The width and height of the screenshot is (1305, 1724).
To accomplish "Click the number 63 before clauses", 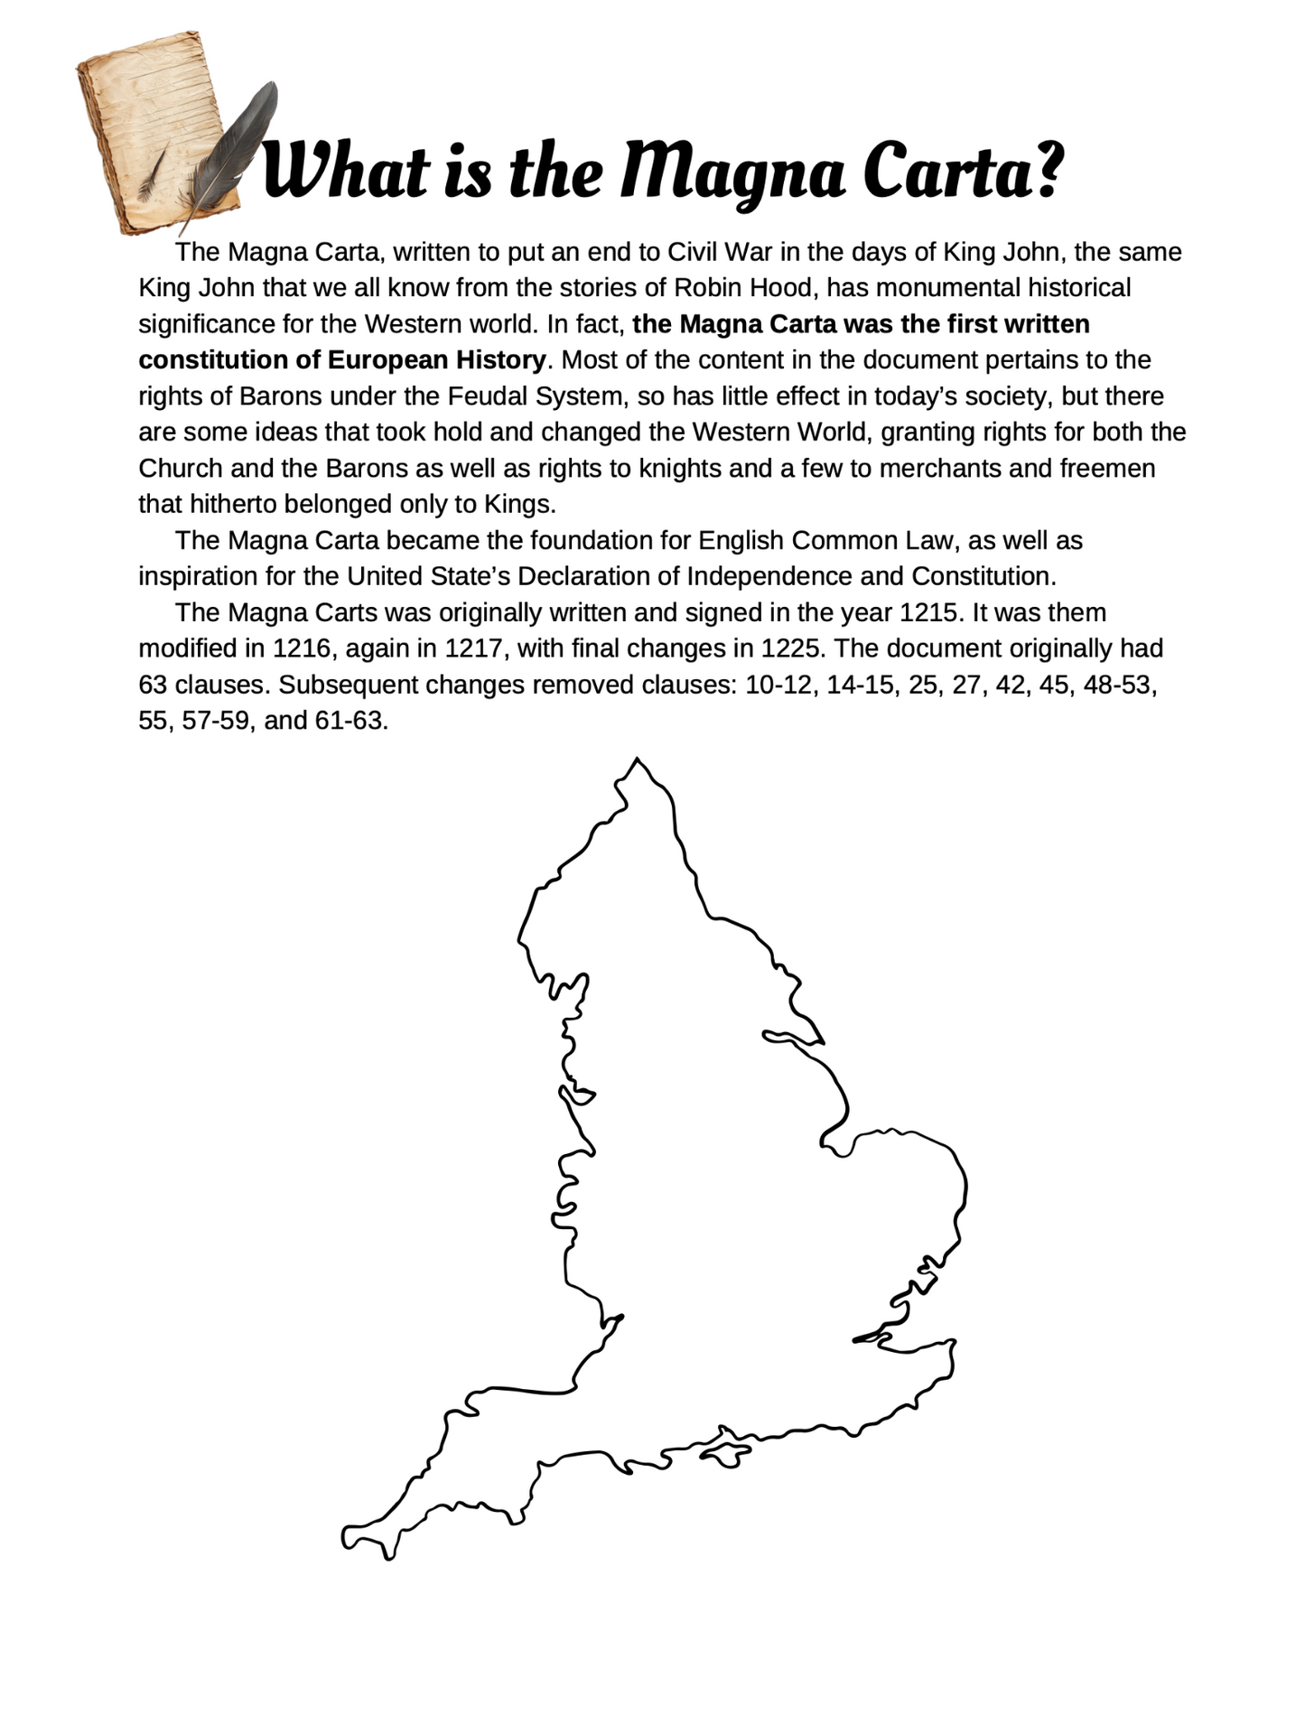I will [x=153, y=685].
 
